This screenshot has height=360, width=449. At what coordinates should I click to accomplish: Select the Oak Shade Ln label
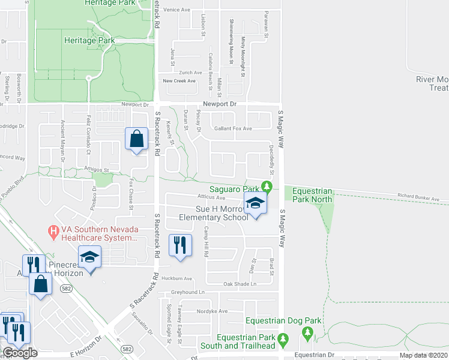point(240,284)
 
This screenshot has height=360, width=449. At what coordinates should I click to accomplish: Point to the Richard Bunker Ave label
point(423,197)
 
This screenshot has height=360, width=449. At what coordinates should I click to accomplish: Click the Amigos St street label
point(97,170)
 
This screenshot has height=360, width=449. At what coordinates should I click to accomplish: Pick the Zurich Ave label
point(190,72)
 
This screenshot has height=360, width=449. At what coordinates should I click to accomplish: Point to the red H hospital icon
point(53,230)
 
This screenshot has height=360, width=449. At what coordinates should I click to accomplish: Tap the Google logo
point(20,353)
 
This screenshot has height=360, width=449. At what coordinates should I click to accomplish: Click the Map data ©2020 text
point(423,355)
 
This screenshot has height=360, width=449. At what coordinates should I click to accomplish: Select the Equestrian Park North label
point(312,195)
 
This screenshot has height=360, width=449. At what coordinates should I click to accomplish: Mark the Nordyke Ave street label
point(214,311)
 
